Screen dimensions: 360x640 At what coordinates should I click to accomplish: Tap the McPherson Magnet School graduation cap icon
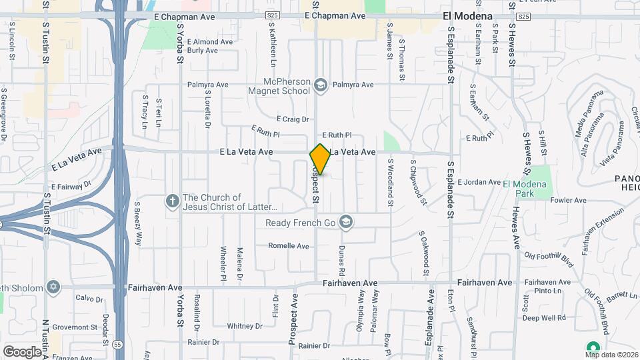pyautogui.click(x=321, y=85)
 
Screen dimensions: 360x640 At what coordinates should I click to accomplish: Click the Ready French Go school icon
pyautogui.click(x=345, y=223)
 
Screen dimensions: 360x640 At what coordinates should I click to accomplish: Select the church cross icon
pyautogui.click(x=172, y=201)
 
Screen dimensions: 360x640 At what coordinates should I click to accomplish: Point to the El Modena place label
pyautogui.click(x=467, y=16)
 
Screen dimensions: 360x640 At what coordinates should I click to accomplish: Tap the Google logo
pyautogui.click(x=21, y=351)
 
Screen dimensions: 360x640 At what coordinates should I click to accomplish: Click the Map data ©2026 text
pyautogui.click(x=611, y=355)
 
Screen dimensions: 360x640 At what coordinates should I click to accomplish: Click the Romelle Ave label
pyautogui.click(x=289, y=246)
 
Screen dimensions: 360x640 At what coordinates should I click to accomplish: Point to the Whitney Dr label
pyautogui.click(x=245, y=326)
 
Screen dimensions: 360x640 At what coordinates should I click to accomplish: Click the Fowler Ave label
pyautogui.click(x=568, y=200)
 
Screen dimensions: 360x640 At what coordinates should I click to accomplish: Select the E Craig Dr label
pyautogui.click(x=293, y=119)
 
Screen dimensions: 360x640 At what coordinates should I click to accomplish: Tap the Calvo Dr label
pyautogui.click(x=89, y=298)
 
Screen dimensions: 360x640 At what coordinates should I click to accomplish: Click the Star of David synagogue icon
pyautogui.click(x=53, y=288)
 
